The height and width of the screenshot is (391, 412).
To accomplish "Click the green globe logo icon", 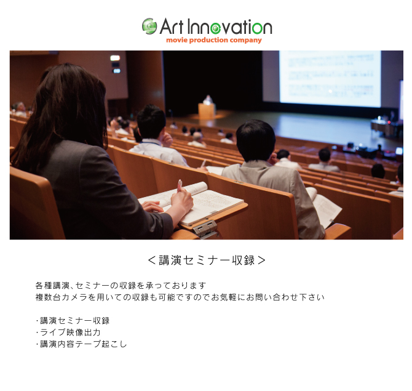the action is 149,26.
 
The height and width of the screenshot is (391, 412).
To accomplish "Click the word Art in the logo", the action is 171,26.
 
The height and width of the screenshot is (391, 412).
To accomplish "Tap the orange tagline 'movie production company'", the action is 214,40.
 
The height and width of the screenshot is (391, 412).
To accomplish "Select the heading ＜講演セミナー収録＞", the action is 207,260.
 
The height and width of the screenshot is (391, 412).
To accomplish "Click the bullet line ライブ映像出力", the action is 68,333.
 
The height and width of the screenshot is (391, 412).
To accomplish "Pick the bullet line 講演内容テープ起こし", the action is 81,344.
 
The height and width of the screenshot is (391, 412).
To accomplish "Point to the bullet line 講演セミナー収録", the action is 73,321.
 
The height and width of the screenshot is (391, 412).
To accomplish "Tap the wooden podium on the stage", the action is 207,110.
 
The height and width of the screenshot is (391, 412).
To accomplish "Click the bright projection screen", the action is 330,78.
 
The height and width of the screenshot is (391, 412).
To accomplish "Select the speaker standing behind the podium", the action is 208,100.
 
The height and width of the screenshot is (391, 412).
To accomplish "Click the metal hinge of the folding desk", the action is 205,228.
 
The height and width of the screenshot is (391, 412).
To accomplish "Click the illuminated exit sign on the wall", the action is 115,58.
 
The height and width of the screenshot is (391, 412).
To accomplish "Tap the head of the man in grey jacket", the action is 256,140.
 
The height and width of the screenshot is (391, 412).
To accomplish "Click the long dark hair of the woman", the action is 63,113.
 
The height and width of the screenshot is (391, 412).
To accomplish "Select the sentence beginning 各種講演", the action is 121,286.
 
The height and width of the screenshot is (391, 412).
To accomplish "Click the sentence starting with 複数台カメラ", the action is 180,297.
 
